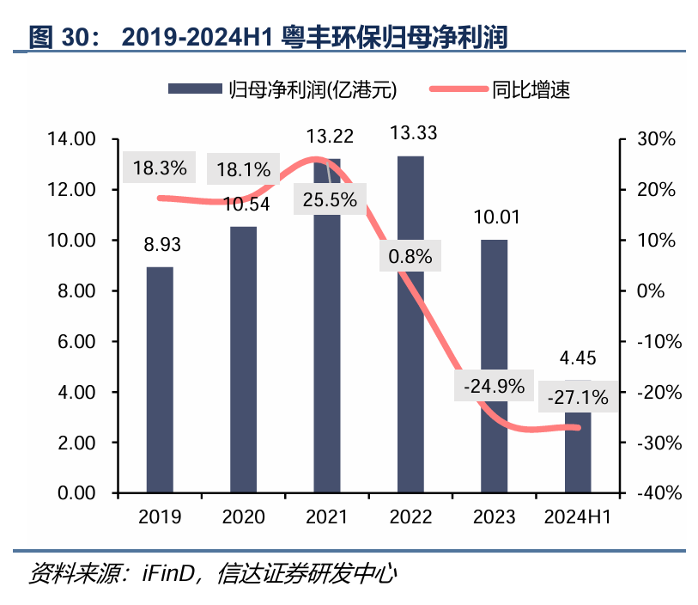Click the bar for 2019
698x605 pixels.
[160, 380]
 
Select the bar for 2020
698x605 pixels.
[244, 359]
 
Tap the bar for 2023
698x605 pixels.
[495, 366]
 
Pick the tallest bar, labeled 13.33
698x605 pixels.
[410, 325]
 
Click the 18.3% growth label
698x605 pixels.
[160, 168]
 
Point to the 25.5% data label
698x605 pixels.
[330, 199]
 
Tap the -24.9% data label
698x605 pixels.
[493, 387]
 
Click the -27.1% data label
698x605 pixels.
[577, 397]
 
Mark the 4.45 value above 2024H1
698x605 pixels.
[577, 358]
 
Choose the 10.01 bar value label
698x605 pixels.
[495, 218]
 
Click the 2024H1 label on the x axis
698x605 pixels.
[578, 516]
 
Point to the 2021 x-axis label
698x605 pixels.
[326, 516]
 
